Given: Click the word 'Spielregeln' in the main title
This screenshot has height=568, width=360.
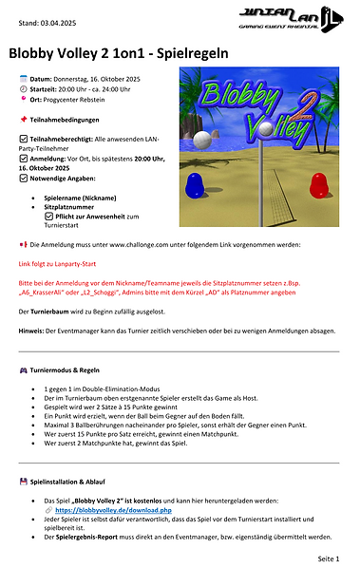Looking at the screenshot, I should tap(187, 53).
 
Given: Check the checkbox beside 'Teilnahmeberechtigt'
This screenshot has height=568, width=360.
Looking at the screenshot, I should tap(24, 139).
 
